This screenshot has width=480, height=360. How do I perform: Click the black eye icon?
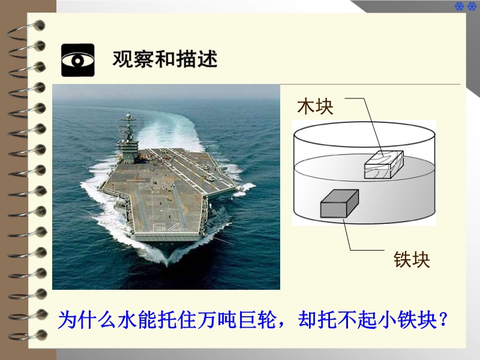[x=78, y=60]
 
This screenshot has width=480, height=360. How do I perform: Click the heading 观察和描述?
[x=165, y=59]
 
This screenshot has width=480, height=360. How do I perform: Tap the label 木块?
[x=316, y=106]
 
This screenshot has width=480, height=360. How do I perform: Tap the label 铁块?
[x=412, y=260]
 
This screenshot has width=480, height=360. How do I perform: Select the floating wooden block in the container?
[x=383, y=164]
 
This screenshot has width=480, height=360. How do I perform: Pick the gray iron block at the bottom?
[x=339, y=203]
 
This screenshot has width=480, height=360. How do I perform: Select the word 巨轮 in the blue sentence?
[x=257, y=320]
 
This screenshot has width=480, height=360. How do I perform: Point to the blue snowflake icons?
[x=466, y=6]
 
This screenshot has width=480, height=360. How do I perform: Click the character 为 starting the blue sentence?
[x=67, y=320]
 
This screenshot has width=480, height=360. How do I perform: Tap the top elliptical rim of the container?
[x=364, y=122]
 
